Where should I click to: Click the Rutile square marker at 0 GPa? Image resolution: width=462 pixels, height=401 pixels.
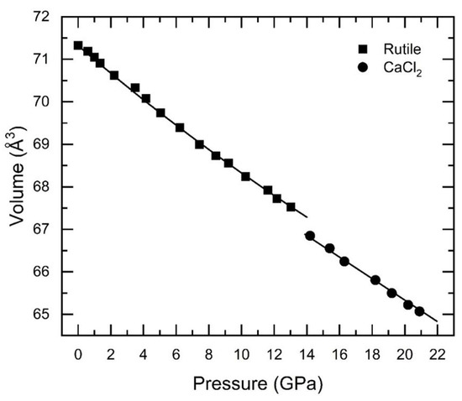tap(78, 45)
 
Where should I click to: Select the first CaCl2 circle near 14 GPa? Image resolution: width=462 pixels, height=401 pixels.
tap(310, 236)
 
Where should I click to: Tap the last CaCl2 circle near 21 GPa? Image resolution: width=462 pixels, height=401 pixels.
tap(419, 311)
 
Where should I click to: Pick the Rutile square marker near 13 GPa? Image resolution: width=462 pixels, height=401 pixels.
tap(291, 206)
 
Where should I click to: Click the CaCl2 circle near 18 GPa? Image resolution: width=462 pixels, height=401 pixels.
tap(375, 280)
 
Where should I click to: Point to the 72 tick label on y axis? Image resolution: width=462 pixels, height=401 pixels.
tap(39, 17)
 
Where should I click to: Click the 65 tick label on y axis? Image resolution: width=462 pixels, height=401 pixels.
tap(39, 315)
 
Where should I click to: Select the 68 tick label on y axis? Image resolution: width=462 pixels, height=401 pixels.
tap(39, 187)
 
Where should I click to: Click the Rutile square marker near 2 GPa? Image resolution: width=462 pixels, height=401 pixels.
tap(114, 76)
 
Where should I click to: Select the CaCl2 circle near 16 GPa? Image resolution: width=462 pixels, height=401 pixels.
tap(344, 261)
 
